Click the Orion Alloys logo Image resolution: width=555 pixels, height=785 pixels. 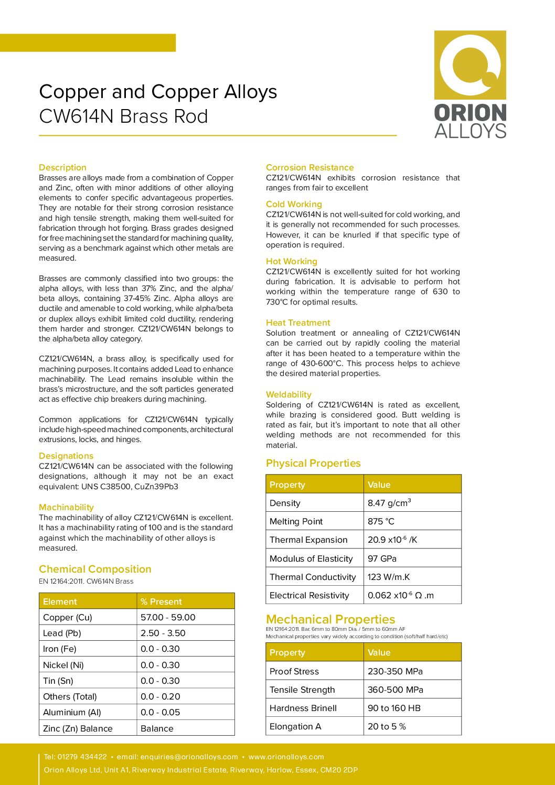coord(470,84)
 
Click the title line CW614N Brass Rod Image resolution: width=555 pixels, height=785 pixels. coord(124,116)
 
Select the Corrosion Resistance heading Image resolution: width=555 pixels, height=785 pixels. coord(309,168)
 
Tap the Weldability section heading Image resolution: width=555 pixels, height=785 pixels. coord(289,394)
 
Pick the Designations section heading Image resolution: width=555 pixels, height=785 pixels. coord(66,456)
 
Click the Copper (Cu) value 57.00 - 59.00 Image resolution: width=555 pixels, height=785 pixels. coord(168,617)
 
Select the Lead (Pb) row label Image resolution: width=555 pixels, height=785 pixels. coord(62,633)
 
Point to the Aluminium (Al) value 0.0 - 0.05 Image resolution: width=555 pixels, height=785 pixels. coord(160,712)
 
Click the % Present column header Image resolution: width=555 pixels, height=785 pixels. coord(161,601)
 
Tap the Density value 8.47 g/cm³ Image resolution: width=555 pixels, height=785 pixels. coord(389,503)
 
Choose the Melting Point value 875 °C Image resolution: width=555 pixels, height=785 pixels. coord(381,521)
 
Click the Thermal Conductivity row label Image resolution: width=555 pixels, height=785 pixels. coord(313,577)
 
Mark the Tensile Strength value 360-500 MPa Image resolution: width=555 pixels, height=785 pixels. coord(395,690)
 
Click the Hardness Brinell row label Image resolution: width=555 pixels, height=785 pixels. coord(303,708)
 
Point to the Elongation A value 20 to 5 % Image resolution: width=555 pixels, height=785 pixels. coord(387,726)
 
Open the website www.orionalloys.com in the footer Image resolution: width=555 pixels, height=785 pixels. coord(286,757)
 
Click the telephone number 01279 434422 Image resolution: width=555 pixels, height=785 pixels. coord(82,757)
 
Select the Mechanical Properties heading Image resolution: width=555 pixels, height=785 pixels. coord(330,619)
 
